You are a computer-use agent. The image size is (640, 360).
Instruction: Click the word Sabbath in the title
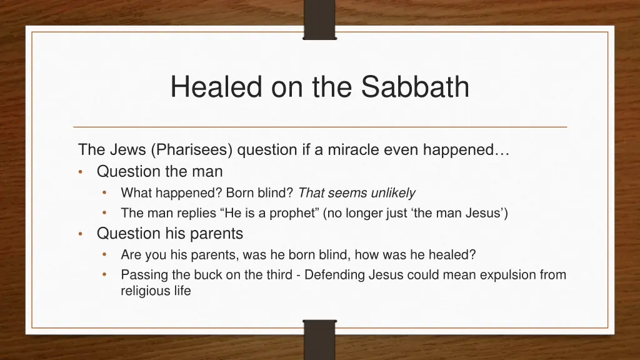coord(416,87)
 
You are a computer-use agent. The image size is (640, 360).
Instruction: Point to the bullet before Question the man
coord(81,171)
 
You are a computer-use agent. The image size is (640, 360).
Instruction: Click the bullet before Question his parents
coord(81,234)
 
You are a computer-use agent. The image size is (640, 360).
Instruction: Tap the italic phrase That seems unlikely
coord(357,192)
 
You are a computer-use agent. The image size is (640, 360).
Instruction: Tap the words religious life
coord(156,291)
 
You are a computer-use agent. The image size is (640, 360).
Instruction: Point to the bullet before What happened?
coord(105,192)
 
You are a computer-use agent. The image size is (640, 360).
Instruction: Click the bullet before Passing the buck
coord(105,274)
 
